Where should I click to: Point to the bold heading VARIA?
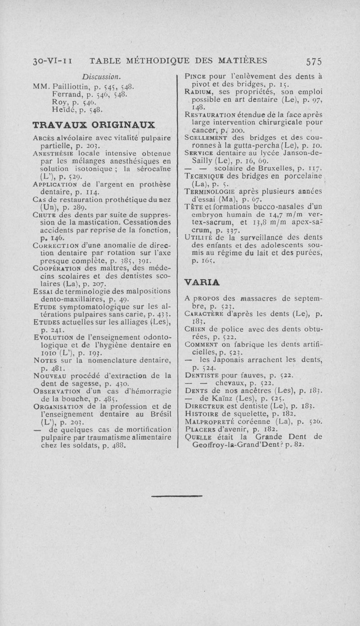point(202,282)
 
